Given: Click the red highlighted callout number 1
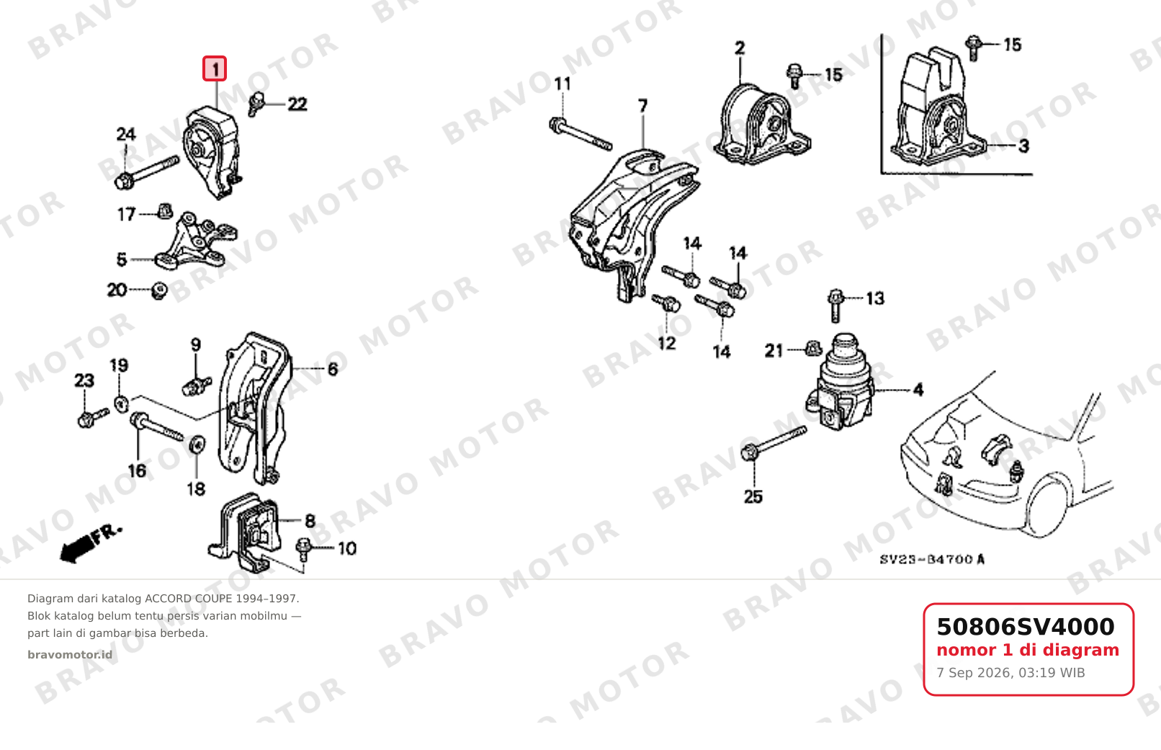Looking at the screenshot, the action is pos(215,68).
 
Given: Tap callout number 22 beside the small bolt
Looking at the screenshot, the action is pos(297,104).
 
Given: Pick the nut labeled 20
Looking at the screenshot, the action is pos(159,291).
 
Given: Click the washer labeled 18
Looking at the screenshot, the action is pos(197,445).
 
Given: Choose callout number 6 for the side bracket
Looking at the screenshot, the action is pos(333,369).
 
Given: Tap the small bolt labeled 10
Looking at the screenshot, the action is pos(303,550).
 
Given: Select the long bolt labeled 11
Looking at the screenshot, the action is pos(580,134).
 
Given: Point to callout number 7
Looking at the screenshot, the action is pos(642,106).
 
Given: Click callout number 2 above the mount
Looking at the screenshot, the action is pos(740,48).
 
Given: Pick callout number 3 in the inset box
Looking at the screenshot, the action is pos(1023,146).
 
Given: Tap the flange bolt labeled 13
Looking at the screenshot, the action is pos(835,305).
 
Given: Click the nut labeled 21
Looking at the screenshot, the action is pos(814,348).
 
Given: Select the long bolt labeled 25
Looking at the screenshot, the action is pos(774,444).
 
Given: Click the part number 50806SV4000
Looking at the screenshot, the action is pos(1025,627).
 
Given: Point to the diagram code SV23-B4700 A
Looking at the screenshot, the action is pos(932,559).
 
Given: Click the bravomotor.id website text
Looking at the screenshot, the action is pos(70,655).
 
